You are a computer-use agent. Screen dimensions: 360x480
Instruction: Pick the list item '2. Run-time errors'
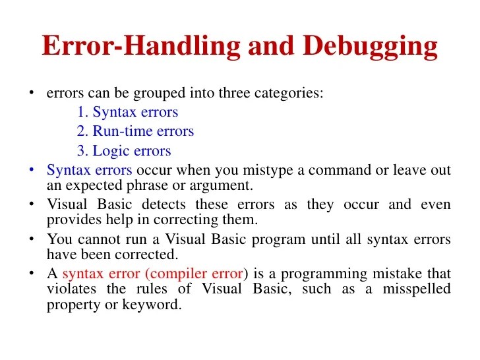135,131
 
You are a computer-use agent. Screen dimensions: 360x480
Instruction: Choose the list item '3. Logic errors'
124,151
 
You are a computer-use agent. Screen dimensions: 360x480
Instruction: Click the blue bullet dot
32,169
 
